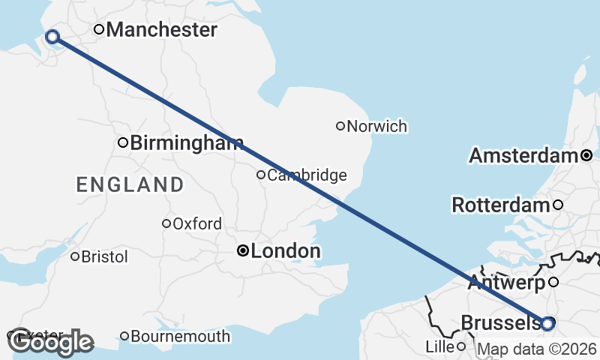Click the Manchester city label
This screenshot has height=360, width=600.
161,30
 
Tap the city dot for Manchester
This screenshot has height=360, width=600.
98,30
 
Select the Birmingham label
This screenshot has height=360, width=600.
186,143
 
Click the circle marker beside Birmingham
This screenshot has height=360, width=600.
122,142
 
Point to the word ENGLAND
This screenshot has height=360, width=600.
130,184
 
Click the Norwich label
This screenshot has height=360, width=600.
376,126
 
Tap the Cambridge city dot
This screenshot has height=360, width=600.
261,175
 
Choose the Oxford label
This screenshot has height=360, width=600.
196,223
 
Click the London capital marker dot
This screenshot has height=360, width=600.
242,250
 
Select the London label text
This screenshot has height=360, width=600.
286,251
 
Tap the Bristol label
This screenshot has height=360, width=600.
104,256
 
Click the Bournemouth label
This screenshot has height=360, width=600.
180,337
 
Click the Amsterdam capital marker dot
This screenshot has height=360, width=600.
586,155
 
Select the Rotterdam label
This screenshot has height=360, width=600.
500,205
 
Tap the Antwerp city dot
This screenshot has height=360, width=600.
553,282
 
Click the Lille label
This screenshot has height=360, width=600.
439,346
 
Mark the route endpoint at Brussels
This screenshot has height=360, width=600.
547,323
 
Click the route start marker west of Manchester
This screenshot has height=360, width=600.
52,37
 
